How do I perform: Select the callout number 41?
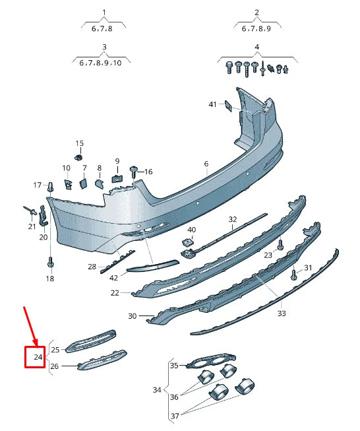click(212, 104)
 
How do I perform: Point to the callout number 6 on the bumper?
click(206, 164)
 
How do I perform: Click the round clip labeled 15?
click(78, 157)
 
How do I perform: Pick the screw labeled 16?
click(134, 171)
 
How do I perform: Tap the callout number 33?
click(282, 314)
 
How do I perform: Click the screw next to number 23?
click(280, 245)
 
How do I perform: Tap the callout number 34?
click(157, 390)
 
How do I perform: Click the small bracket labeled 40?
click(188, 242)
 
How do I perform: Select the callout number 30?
click(132, 316)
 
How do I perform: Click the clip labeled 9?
click(117, 176)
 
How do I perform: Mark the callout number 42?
click(114, 278)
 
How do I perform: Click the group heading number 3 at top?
click(104, 47)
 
